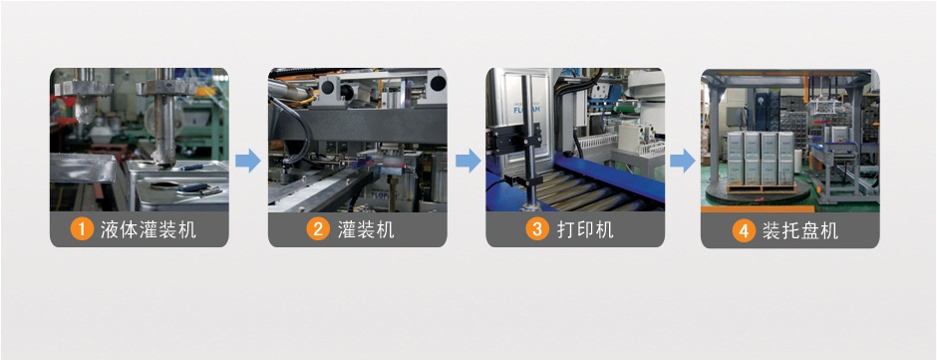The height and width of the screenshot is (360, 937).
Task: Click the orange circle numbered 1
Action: [x=82, y=229]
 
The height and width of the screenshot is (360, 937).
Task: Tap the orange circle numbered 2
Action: [x=319, y=229]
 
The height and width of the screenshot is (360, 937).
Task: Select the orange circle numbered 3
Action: [x=537, y=229]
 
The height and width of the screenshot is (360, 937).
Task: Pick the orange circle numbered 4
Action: [x=744, y=230]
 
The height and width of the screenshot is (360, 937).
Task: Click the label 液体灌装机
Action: [x=149, y=229]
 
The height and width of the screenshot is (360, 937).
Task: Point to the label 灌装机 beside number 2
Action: [x=366, y=229]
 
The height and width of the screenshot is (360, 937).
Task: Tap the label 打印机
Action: [x=585, y=229]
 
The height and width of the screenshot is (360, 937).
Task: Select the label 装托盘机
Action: [x=800, y=230]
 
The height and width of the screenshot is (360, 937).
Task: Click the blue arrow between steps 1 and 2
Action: [x=248, y=161]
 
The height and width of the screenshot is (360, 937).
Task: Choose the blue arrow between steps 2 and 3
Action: [x=468, y=161]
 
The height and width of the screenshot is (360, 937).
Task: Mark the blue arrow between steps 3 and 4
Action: [x=683, y=161]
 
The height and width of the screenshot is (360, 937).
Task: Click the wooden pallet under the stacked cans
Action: [x=761, y=187]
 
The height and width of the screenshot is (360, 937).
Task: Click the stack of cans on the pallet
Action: [x=761, y=158]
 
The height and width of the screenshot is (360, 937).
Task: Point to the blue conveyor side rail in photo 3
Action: [x=609, y=178]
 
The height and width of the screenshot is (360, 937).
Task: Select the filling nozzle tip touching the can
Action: [x=162, y=160]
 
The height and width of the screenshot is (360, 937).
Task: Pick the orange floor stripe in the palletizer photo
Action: [x=758, y=208]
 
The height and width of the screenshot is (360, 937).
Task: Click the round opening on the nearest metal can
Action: [x=163, y=184]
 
